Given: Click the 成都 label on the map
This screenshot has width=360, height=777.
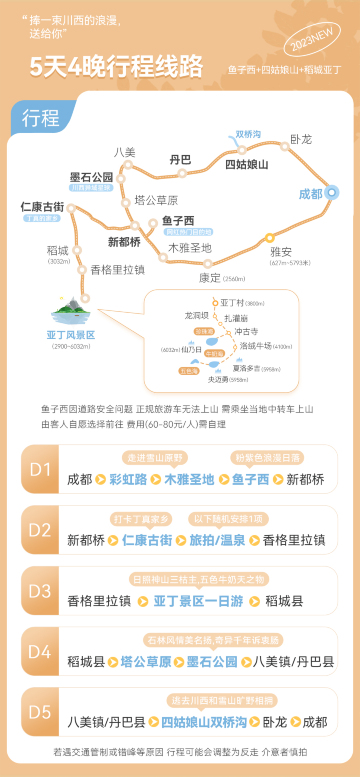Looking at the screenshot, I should pyautogui.click(x=311, y=193).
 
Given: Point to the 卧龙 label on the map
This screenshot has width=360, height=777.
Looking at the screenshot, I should pyautogui.click(x=301, y=138).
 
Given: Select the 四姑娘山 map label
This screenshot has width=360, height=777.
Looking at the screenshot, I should pyautogui.click(x=246, y=163).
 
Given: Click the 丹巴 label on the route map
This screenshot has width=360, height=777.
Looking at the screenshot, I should pyautogui.click(x=180, y=159).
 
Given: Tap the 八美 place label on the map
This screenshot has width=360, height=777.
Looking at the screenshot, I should pyautogui.click(x=124, y=152).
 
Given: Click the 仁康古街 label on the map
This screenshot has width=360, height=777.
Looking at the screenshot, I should pyautogui.click(x=42, y=206).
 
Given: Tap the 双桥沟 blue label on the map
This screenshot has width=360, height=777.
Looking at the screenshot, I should pyautogui.click(x=248, y=133).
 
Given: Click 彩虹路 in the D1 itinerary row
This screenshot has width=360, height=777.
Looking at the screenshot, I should pyautogui.click(x=128, y=479).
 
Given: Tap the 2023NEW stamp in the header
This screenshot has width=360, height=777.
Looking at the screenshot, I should pyautogui.click(x=308, y=45).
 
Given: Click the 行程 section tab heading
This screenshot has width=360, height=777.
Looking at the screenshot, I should pyautogui.click(x=40, y=117).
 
